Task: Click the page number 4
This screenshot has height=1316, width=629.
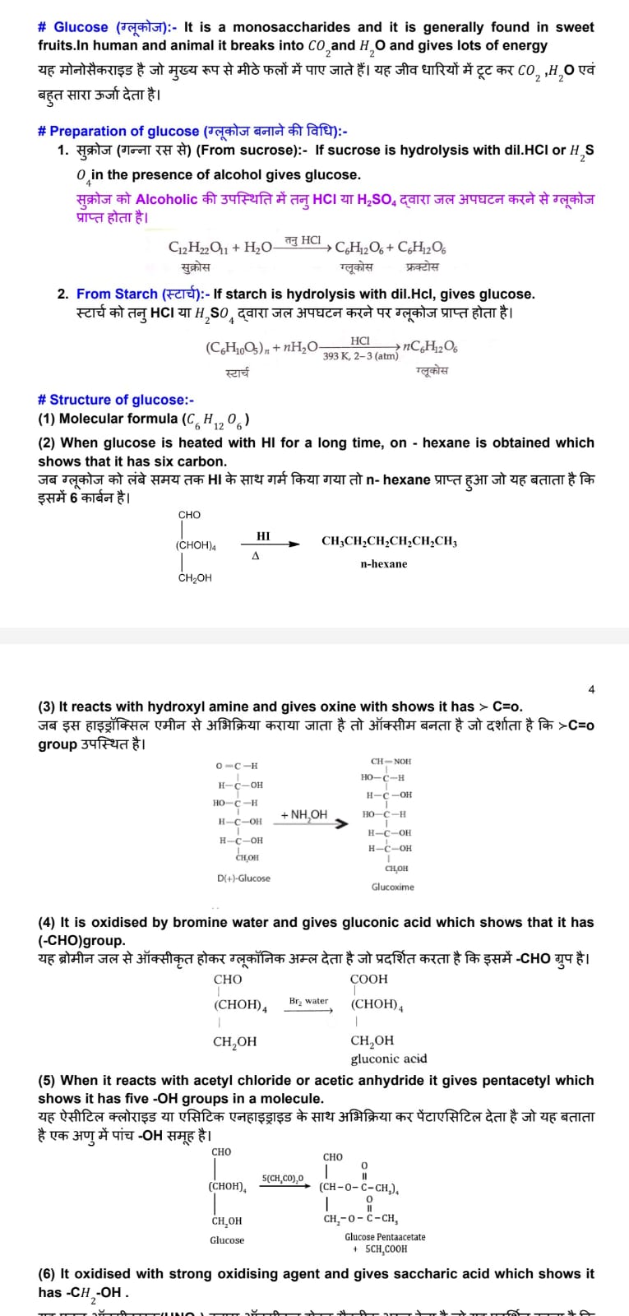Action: tap(591, 689)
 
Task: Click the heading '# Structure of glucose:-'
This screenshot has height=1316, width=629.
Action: tap(116, 400)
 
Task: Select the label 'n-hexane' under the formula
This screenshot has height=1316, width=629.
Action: tap(383, 564)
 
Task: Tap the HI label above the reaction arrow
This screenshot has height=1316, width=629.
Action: tap(263, 536)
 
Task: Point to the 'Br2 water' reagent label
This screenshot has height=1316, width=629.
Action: tap(308, 1001)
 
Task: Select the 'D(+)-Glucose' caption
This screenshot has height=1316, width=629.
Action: tap(243, 878)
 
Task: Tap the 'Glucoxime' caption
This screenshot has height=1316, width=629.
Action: tap(393, 887)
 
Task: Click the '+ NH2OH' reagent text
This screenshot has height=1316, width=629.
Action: tap(303, 814)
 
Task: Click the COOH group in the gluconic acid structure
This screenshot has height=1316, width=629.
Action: tap(368, 979)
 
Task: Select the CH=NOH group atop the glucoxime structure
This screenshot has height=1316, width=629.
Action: tap(391, 762)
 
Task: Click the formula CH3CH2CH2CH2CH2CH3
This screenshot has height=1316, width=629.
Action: tap(389, 542)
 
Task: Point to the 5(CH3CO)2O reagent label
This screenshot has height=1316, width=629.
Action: tap(283, 1179)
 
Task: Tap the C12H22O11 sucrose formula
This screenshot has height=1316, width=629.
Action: tap(198, 248)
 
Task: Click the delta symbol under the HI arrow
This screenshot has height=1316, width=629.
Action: tap(256, 556)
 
